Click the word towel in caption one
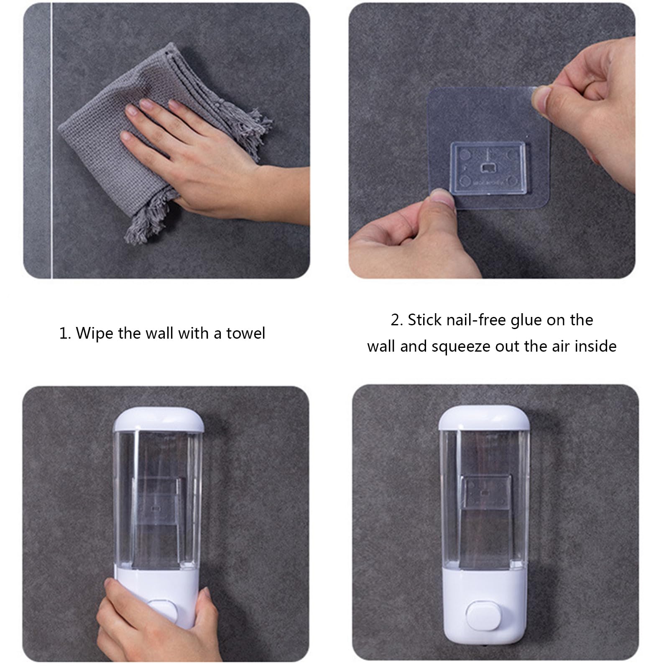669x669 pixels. tap(245, 333)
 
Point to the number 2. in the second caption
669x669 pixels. tap(397, 320)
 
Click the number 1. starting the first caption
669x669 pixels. tap(65, 334)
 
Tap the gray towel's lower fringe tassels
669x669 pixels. tap(146, 217)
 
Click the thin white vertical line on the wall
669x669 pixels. tap(51, 167)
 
